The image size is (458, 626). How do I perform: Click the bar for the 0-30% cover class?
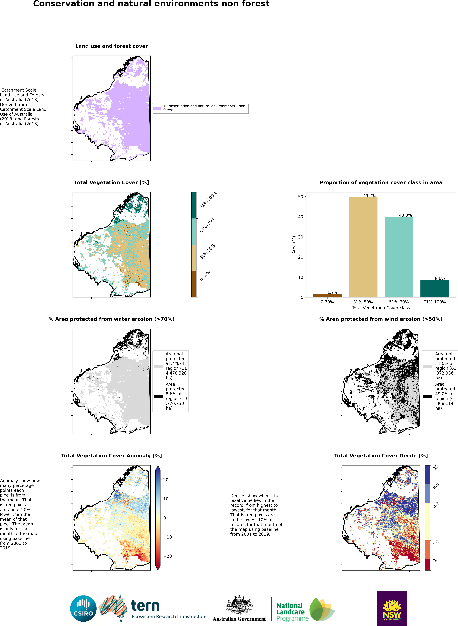point(327,295)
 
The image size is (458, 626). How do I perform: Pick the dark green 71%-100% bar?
point(434,288)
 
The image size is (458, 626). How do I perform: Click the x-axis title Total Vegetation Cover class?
point(381,308)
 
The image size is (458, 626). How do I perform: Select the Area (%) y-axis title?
point(294,245)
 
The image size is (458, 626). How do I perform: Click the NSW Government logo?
point(392,608)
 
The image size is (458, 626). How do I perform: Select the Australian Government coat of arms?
point(239,605)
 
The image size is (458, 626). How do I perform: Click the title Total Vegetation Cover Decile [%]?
point(381,456)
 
